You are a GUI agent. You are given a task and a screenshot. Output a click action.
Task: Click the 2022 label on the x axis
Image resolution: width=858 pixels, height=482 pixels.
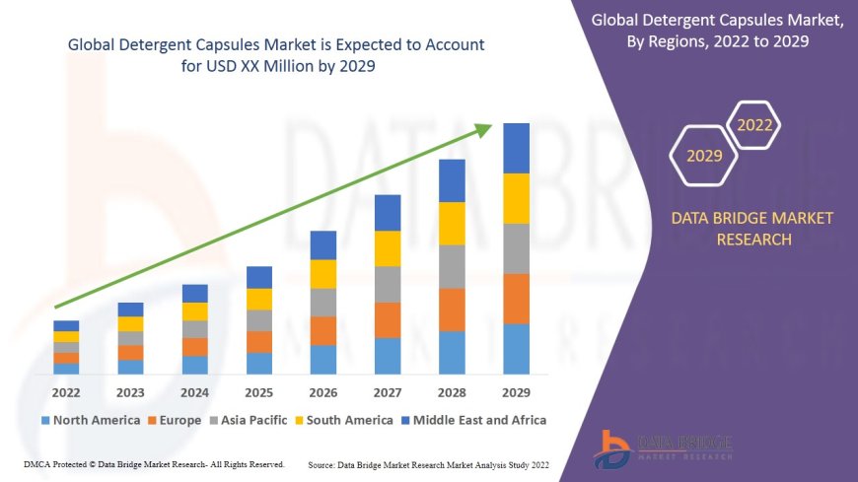[66, 393]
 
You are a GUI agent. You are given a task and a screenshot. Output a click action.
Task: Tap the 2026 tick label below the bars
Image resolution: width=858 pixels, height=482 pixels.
[323, 393]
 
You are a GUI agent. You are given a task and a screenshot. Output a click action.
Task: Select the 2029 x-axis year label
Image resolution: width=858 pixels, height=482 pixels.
[516, 393]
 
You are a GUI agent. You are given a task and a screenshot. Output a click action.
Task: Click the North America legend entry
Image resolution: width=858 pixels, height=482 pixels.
[91, 420]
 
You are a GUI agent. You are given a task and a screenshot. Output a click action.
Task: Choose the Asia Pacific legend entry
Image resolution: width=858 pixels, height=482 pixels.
[249, 420]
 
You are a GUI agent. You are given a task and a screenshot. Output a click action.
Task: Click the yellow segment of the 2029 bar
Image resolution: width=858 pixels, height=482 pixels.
[516, 198]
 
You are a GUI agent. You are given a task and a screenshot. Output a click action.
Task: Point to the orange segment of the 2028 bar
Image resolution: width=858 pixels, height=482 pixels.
[452, 310]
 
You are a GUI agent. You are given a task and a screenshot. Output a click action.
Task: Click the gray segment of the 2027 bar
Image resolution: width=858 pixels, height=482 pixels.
[388, 284]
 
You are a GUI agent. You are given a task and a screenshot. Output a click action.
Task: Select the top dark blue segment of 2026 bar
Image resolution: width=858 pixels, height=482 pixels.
[323, 245]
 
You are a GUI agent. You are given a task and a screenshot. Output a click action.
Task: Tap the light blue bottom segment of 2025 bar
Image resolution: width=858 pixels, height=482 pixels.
[258, 364]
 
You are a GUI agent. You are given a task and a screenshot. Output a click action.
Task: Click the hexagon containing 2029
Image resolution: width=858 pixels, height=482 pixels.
[704, 156]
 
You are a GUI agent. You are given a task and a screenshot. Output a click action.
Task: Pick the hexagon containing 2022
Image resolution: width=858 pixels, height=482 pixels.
[754, 125]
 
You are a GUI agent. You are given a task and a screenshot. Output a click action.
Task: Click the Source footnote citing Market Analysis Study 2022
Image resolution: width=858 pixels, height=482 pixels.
[428, 463]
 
